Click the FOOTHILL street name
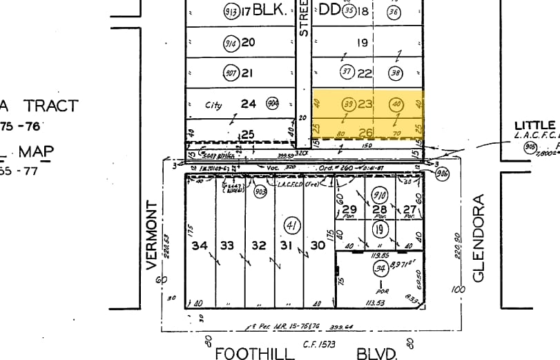255,354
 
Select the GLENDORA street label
480,238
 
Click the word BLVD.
377,354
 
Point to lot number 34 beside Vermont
200,245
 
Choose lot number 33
228,245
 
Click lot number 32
258,245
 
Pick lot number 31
287,245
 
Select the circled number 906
442,175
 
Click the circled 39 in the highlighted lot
349,105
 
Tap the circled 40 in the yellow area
396,105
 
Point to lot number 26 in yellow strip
366,132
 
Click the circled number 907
231,73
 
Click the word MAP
36,152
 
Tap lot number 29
349,210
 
